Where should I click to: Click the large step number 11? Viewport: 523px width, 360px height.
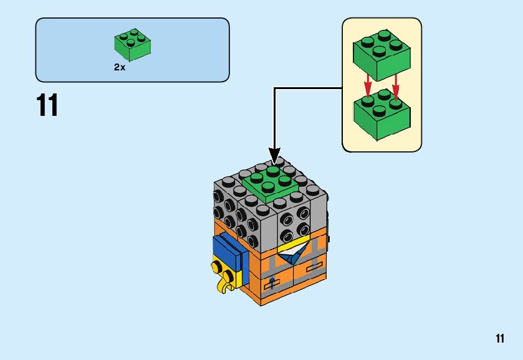(47, 105)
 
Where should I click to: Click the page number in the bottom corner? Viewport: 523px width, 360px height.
(500, 339)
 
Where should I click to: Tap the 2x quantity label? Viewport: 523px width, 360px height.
(120, 67)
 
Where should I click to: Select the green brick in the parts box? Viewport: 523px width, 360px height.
(133, 45)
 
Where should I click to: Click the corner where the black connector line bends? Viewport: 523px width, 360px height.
(274, 88)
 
